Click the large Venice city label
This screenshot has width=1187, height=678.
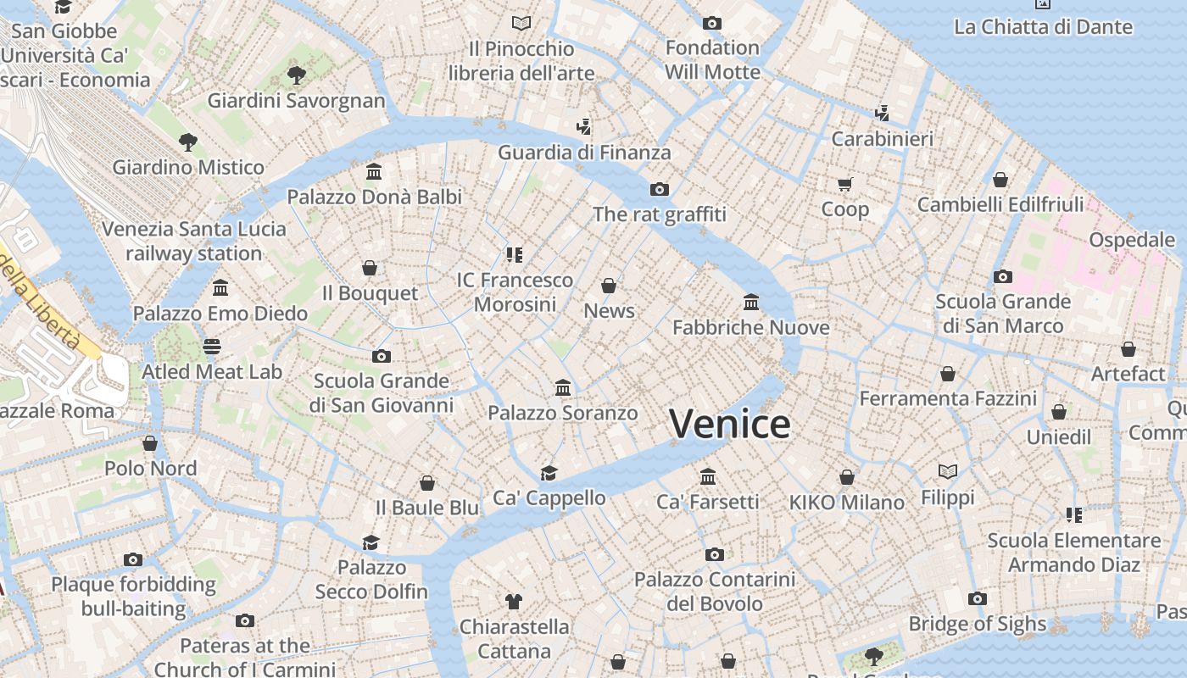click(729, 424)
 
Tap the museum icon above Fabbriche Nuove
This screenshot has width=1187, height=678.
click(751, 302)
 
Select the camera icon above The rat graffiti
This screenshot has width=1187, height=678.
click(659, 189)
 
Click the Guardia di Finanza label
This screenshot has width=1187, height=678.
click(584, 153)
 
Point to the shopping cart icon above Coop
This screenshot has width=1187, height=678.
click(845, 184)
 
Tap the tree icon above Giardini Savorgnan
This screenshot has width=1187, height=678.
click(296, 75)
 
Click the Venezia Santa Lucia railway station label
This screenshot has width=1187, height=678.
click(194, 242)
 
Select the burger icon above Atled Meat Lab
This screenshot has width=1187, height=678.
click(212, 346)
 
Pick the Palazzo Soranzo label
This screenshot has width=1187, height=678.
click(562, 413)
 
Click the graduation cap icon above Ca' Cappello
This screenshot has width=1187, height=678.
click(549, 473)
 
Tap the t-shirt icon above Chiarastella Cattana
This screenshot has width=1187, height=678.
click(514, 602)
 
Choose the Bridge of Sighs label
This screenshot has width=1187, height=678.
click(978, 624)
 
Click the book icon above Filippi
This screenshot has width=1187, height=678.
click(948, 471)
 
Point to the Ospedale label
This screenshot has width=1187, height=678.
click(1132, 240)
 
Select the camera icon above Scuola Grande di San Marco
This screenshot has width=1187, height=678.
click(1003, 276)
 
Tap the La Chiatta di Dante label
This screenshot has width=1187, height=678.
click(1043, 27)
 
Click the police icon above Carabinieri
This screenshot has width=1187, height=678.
click(882, 113)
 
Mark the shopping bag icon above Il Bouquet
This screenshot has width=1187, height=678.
click(370, 268)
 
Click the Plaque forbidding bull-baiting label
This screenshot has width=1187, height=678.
click(133, 597)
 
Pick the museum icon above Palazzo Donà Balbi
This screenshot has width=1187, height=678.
click(374, 172)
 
